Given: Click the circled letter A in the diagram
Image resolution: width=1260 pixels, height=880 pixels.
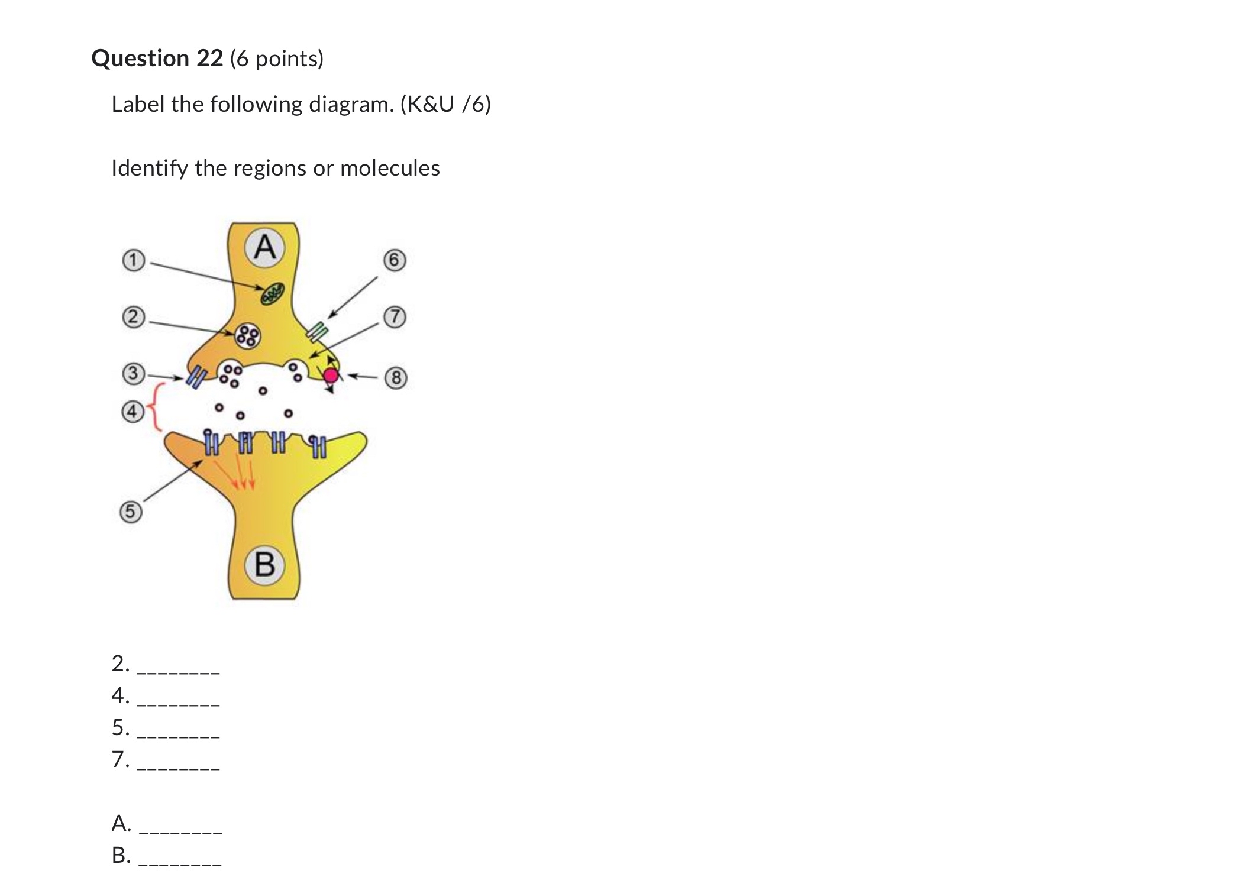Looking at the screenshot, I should coord(264,247).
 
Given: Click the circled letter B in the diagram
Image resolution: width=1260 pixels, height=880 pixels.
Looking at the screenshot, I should coord(264,564).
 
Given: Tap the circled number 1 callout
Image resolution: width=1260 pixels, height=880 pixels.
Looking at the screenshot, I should coord(133,260).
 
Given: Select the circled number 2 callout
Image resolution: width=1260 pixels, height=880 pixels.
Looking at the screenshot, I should coord(133,317).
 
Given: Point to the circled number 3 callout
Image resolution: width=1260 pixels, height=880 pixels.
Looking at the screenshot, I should coord(133,374).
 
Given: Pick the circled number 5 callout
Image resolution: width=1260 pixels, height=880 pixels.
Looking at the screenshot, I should coord(131,512).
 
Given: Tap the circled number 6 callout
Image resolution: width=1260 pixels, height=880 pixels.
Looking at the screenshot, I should coord(395,260).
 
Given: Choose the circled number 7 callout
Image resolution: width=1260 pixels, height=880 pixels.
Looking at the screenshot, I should coord(395,317).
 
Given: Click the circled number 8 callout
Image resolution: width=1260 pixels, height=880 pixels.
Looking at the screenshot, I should coord(396,378).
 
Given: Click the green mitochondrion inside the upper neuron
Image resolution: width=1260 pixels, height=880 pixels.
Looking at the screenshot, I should coord(273,293).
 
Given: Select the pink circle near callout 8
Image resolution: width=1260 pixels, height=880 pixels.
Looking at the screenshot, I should coord(331,375).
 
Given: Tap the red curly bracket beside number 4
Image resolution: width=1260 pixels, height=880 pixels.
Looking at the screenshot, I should coord(156,407).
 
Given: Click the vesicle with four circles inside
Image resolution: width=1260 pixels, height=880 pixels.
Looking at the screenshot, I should coord(247,336).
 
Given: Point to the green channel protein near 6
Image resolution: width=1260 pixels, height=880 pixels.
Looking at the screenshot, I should coord(318,331).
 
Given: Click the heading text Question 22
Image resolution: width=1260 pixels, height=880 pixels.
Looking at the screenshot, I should coord(157,59).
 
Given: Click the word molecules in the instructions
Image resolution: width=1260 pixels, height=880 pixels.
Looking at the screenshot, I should coord(390,169).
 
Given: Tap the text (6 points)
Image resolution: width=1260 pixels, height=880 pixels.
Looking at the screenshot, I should coord(277,59).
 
